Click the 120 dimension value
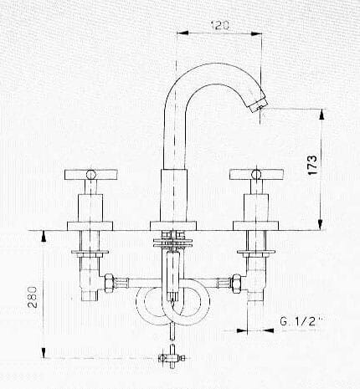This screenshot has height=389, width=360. click(220, 25)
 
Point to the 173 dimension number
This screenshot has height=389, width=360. click(312, 165)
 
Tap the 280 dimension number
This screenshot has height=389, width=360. click(33, 297)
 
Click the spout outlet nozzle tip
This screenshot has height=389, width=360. click(257, 105)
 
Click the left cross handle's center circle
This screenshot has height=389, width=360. click(91, 175)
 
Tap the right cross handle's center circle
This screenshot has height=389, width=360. click(256, 175)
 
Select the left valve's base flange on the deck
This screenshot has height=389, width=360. click(90, 226)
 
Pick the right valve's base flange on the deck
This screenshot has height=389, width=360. click(256, 226)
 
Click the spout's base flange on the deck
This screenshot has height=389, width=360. click(173, 226)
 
